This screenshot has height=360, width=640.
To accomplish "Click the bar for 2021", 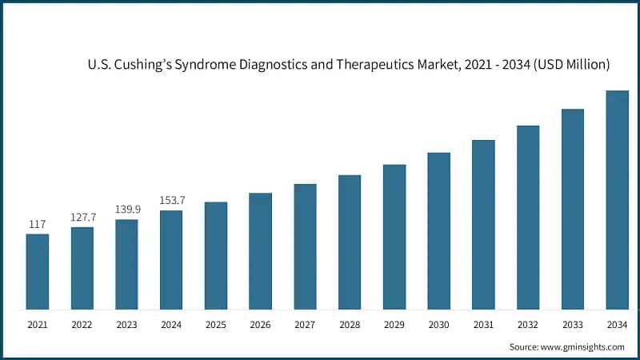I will (37, 271).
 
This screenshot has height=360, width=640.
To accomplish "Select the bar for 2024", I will (171, 260).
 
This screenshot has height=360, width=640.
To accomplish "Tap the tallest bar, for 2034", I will (617, 200).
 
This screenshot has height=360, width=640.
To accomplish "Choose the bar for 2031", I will (483, 224).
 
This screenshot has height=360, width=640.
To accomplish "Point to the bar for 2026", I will (260, 250).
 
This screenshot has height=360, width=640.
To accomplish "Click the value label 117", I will (37, 225).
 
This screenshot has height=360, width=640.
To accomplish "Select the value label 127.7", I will (82, 218).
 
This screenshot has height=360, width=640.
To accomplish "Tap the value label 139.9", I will (126, 210).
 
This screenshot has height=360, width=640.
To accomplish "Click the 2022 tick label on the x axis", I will (82, 325).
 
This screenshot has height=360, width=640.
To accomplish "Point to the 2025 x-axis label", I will (215, 325).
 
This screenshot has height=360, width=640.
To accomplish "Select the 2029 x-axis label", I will (394, 325).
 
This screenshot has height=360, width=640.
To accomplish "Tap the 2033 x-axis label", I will (572, 325).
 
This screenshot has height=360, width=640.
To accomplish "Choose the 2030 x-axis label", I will (438, 325).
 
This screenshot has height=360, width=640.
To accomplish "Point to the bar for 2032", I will (528, 217).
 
